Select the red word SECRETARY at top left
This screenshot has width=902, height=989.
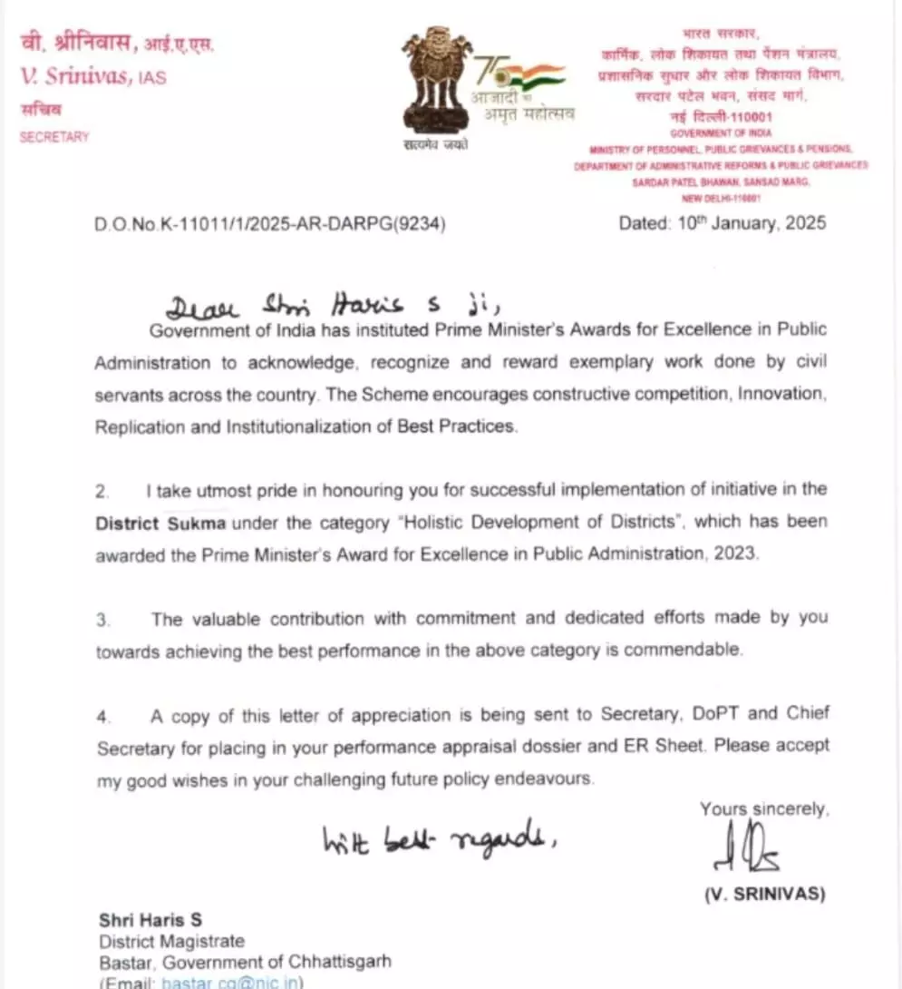tap(54, 137)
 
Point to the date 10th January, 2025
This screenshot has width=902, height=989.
tap(723, 223)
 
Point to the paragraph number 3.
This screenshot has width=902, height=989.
tap(103, 620)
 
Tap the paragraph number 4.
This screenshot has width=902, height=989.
tap(103, 716)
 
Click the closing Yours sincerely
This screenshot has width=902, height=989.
tap(763, 808)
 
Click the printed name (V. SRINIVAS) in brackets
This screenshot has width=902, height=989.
tap(765, 895)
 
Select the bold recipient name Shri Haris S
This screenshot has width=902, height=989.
tap(150, 921)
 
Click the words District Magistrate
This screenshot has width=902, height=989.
tap(172, 942)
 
